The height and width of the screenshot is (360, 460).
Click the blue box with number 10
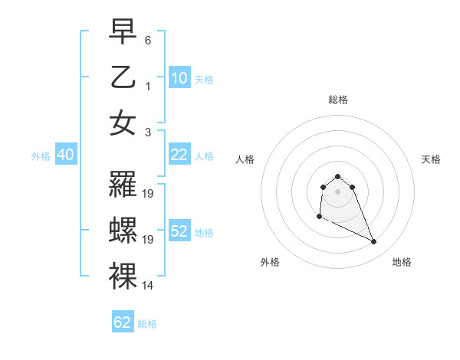pos(179,78)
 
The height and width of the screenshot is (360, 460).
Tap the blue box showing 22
pos(179,155)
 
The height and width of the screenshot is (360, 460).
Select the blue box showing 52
pos(179,231)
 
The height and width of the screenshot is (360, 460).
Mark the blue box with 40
pos(65,155)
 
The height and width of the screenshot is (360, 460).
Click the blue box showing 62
pos(123,322)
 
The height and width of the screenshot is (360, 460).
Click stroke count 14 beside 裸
pos(148,286)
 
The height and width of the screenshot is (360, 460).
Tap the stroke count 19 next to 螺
pos(148,240)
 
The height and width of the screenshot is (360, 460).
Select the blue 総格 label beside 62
pos(147,324)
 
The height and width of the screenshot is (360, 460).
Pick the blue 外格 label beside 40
pos(41,156)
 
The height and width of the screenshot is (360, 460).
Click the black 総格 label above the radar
pos(337,100)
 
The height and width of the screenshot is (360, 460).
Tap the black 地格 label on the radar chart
pos(402,262)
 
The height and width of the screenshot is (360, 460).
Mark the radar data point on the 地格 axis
pos(374,242)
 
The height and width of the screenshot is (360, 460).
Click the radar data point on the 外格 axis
pos(319,217)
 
